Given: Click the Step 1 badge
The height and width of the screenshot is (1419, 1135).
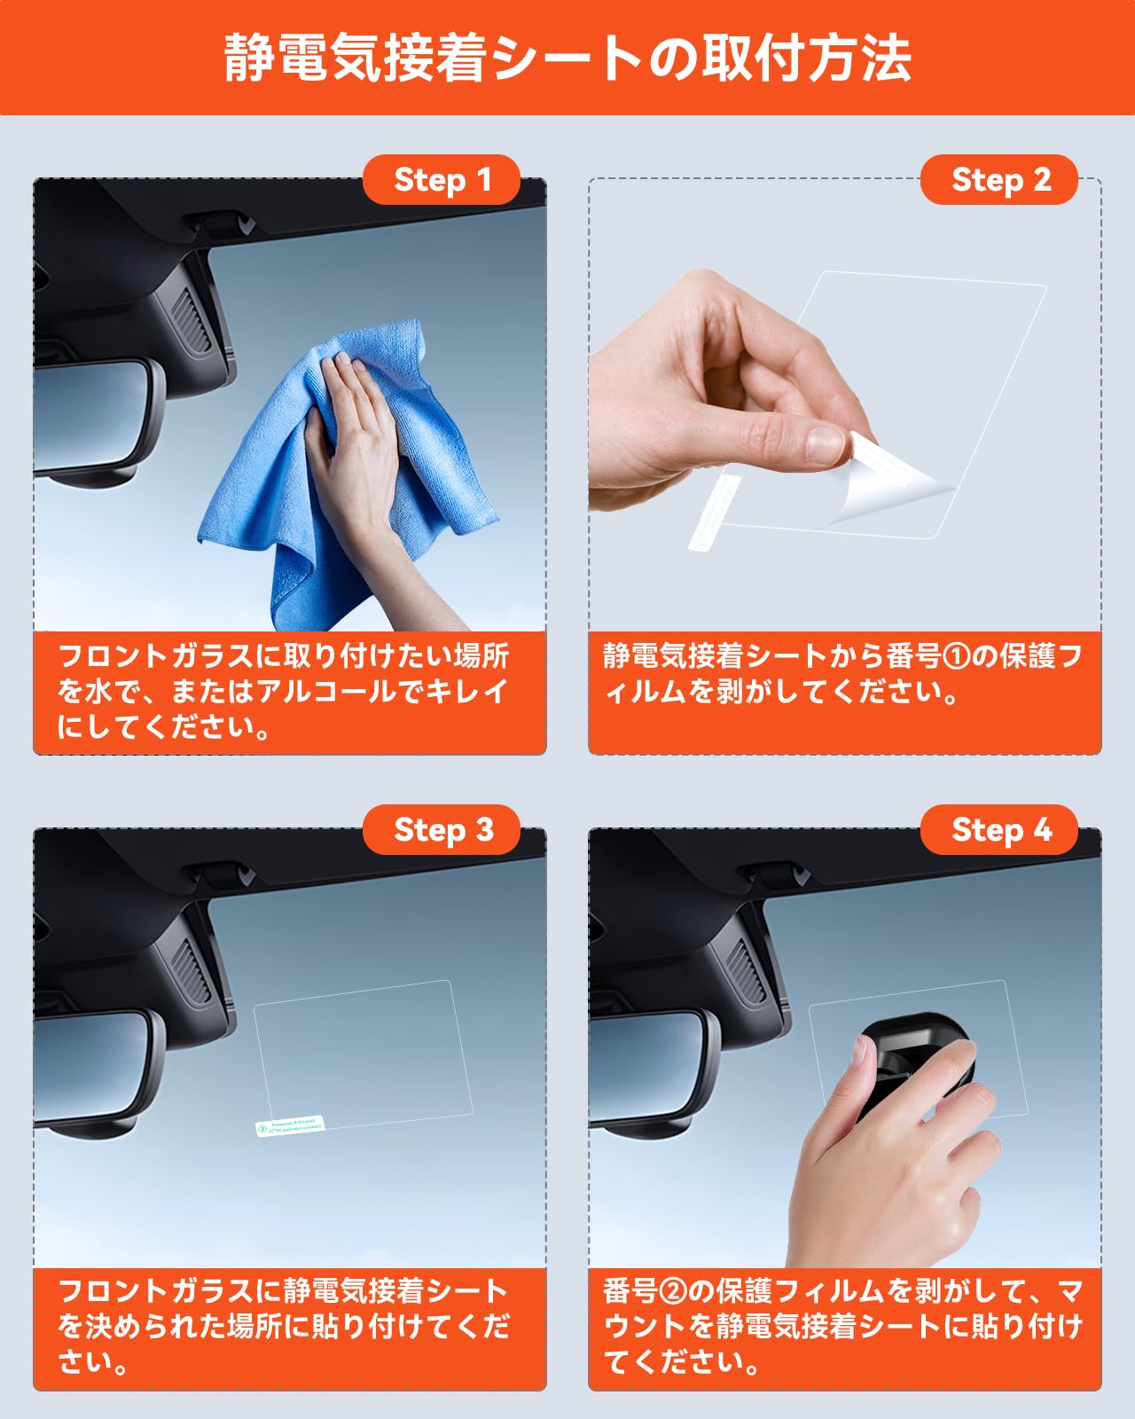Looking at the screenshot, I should pos(441,180).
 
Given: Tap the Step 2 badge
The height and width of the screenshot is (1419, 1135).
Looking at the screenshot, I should pos(999,180).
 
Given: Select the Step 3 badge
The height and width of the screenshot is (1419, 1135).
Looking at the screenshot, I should pos(441,830).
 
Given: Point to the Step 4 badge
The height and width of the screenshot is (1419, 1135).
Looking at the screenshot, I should pos(999,830).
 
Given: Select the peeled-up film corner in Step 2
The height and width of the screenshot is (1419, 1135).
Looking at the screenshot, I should pos(887,479).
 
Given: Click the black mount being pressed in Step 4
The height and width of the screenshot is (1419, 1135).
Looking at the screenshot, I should pos(922,1055).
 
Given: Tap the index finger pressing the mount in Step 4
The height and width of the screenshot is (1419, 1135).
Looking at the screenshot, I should pos(860,1064).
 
